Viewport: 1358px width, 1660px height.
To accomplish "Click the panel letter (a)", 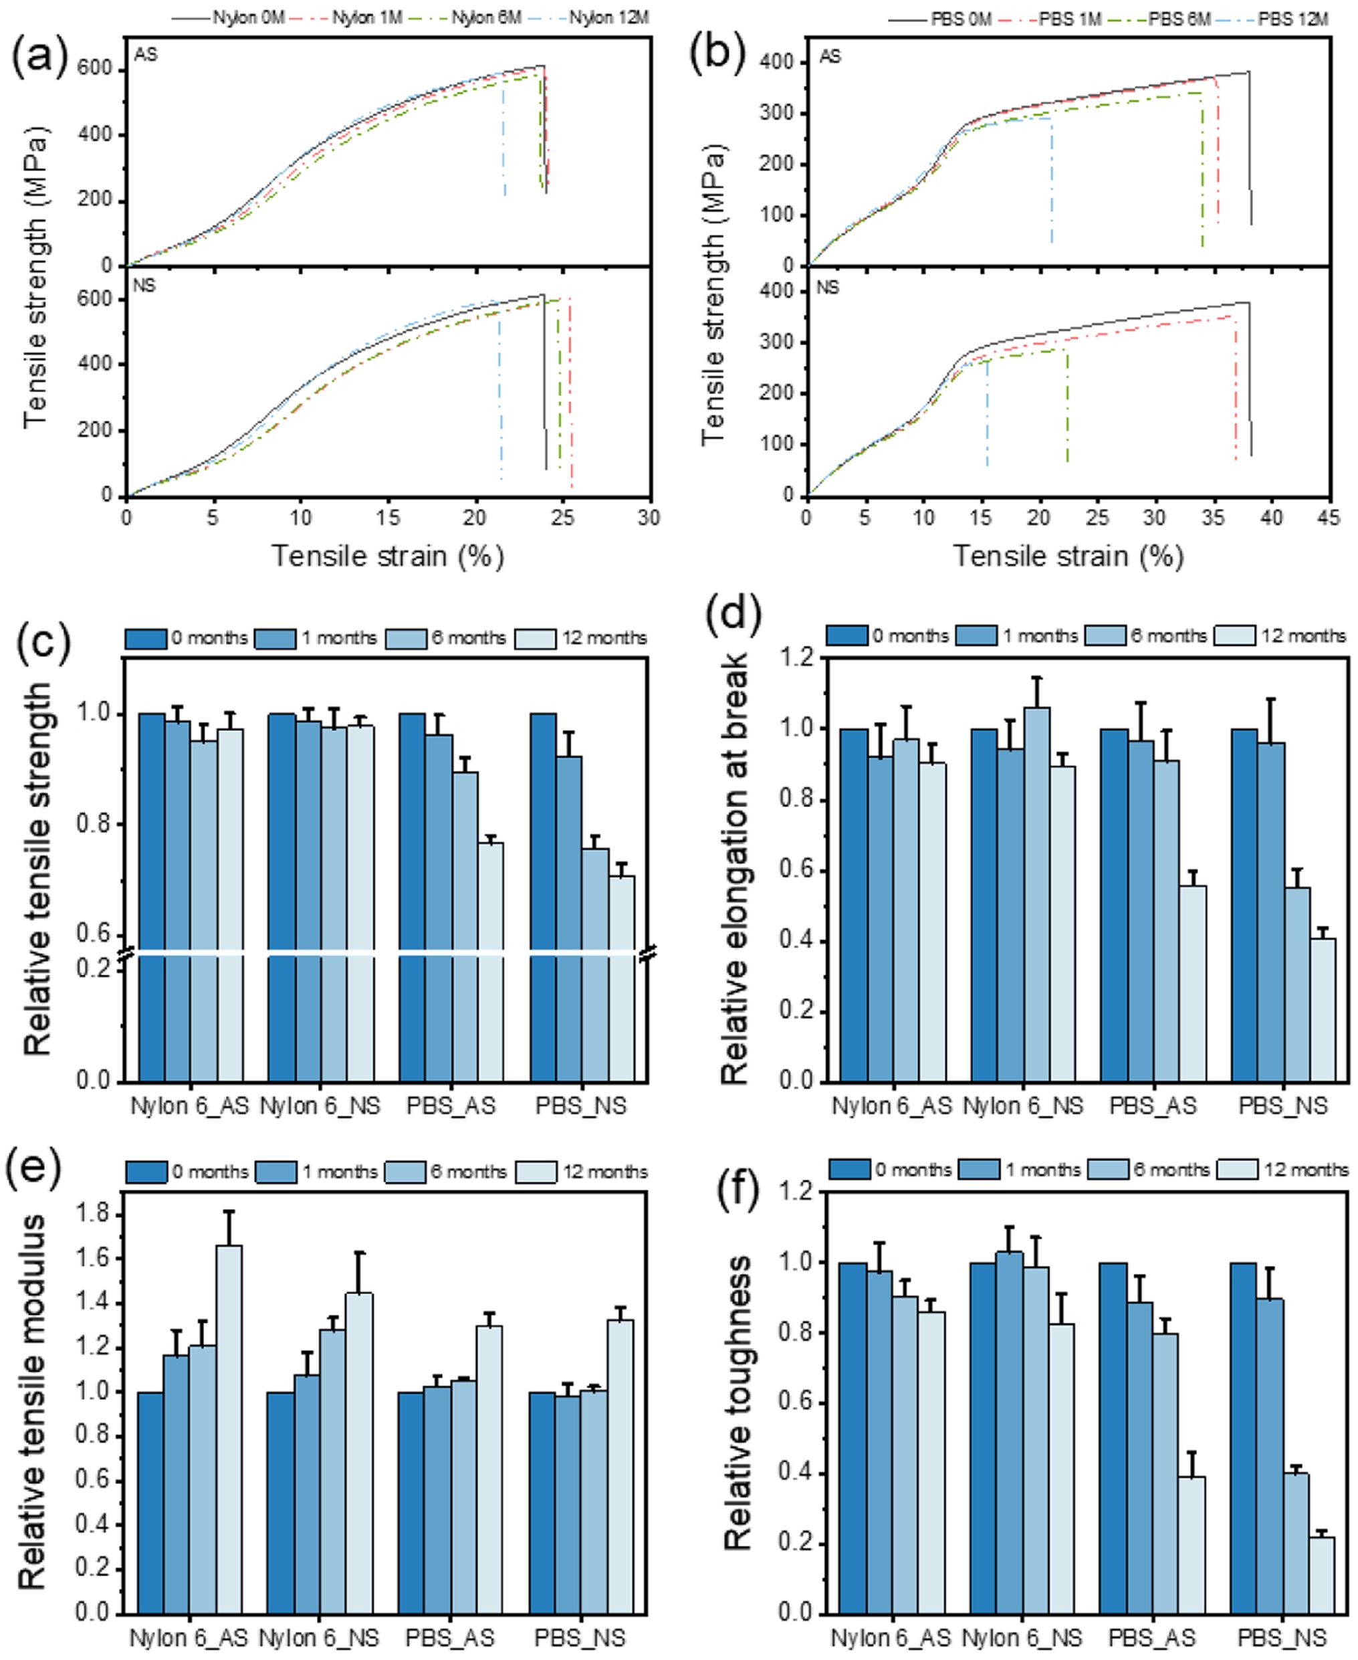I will [x=39, y=58].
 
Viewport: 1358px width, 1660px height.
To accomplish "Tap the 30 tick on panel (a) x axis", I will [x=649, y=517].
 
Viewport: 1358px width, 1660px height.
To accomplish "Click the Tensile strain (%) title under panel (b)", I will [x=1068, y=556].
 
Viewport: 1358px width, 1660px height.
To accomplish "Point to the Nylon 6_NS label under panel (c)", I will [x=320, y=1106].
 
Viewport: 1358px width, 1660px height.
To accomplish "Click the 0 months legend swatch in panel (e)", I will [x=146, y=1172].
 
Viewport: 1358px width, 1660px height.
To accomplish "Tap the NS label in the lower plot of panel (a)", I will [x=144, y=286].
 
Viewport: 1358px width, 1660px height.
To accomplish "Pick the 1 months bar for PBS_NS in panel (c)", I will [x=569, y=918].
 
